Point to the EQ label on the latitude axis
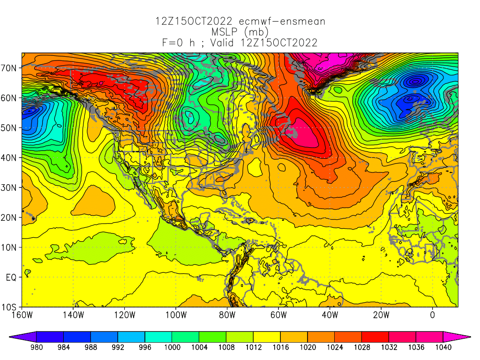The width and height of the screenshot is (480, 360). (x=12, y=277)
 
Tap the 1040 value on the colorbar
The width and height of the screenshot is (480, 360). (x=443, y=347)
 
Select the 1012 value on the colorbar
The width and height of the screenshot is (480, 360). (x=253, y=347)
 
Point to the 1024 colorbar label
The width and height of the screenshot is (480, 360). (x=335, y=347)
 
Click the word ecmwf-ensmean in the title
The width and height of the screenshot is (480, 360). (x=282, y=22)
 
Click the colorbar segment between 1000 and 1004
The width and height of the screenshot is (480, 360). (x=185, y=336)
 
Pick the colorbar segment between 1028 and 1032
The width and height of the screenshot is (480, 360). (x=375, y=336)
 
